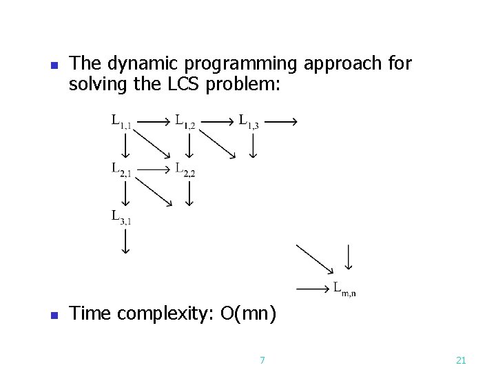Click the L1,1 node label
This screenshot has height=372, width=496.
(x=121, y=122)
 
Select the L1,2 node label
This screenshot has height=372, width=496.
(x=185, y=122)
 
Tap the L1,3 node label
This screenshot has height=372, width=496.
(x=249, y=122)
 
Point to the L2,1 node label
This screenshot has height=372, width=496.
(x=121, y=169)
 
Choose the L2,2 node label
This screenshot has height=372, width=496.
(x=185, y=169)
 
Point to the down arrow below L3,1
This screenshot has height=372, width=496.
(x=126, y=240)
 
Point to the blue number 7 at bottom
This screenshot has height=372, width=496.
(x=262, y=360)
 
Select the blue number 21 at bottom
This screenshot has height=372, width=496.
(x=462, y=360)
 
